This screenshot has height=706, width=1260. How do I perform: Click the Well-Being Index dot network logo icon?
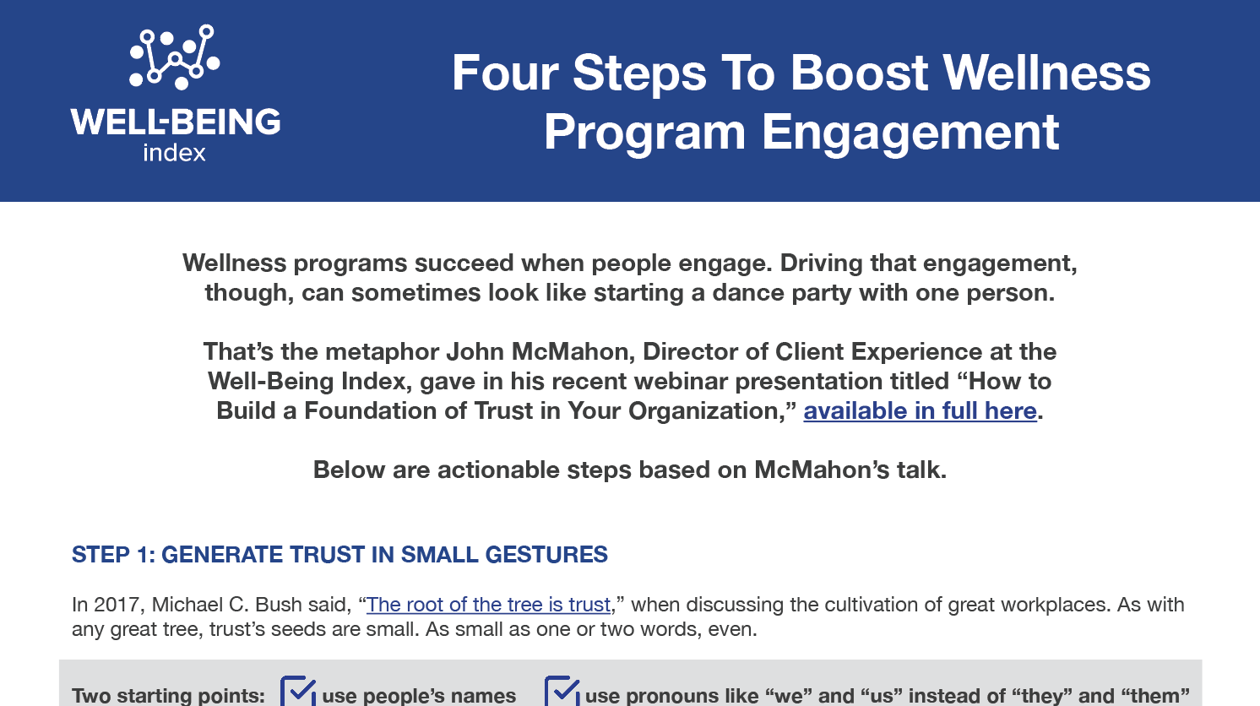(x=174, y=57)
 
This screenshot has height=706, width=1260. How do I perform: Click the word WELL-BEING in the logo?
(x=176, y=122)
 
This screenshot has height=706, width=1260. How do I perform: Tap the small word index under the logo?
(x=174, y=153)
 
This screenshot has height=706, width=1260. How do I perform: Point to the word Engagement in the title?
(x=910, y=133)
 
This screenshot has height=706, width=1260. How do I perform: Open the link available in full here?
(x=920, y=411)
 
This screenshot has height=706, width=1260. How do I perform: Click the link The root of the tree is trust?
(x=488, y=605)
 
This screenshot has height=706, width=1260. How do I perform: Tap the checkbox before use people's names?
(x=297, y=691)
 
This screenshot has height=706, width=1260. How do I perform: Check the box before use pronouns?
(x=562, y=691)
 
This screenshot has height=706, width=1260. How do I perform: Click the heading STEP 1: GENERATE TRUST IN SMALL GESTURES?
(x=339, y=555)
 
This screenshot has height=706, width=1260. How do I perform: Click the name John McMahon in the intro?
(x=540, y=351)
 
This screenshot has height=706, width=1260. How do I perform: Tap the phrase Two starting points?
(x=168, y=695)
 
